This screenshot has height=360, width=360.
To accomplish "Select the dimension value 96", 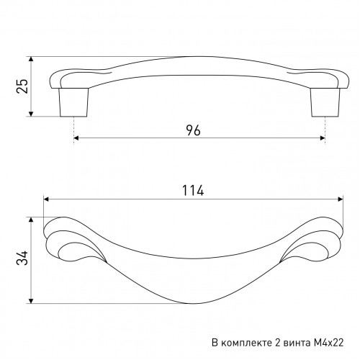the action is point(193,130).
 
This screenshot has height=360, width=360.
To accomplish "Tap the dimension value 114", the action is point(193,191).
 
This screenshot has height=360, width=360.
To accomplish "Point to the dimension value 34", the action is point(22,258).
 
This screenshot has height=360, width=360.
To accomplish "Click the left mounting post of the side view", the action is point(73,102).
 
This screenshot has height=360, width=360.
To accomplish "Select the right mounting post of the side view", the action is point(325,102).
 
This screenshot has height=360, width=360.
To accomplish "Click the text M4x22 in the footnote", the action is point(328,343).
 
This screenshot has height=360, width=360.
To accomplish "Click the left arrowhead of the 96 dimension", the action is point(76,138).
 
